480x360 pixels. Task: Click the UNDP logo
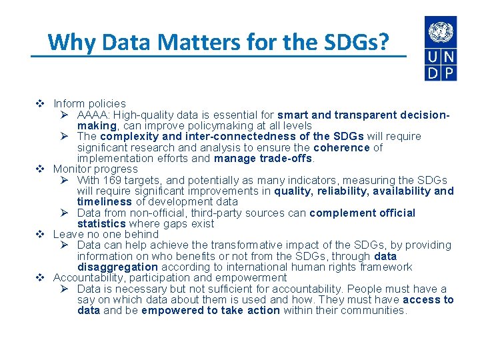coord(441,49)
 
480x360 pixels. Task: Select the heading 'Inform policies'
coord(89,103)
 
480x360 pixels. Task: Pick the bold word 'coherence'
coord(341,147)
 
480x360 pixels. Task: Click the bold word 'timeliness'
coord(105,201)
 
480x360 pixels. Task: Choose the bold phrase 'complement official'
coord(362,213)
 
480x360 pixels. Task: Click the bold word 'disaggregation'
coord(117,267)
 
